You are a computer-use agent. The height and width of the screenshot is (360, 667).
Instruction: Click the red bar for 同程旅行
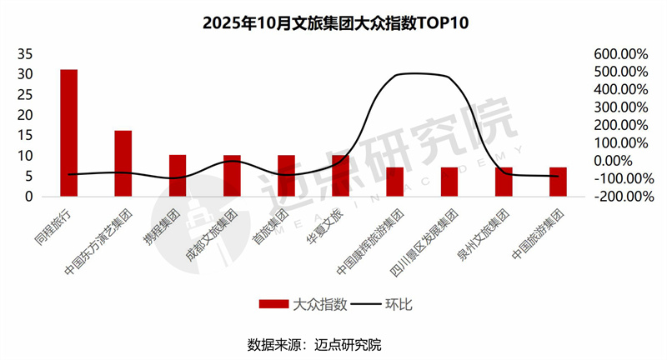pyautogui.click(x=68, y=132)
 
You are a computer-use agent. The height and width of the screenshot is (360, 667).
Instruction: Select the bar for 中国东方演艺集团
pyautogui.click(x=123, y=163)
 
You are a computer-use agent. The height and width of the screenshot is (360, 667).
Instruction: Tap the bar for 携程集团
pyautogui.click(x=178, y=176)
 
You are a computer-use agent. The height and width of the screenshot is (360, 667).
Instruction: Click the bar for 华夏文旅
pyautogui.click(x=340, y=176)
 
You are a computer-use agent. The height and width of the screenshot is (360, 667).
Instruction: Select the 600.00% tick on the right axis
pyautogui.click(x=621, y=53)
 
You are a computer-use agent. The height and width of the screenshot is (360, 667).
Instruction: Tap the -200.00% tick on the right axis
pyautogui.click(x=621, y=197)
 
